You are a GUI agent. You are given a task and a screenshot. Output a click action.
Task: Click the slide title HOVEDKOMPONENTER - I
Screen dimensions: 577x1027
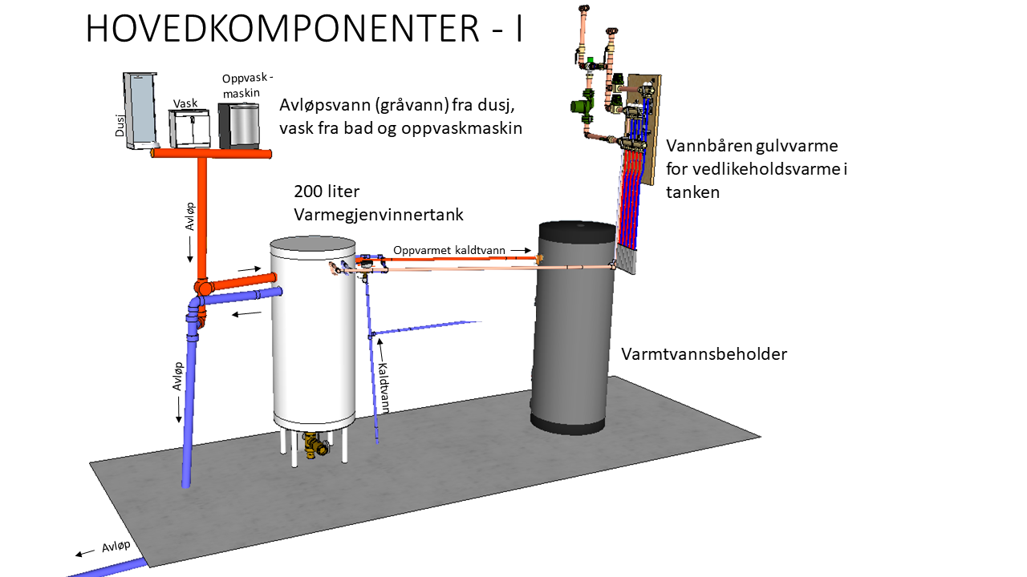304,30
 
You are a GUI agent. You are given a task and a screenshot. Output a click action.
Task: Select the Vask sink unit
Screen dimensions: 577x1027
189,127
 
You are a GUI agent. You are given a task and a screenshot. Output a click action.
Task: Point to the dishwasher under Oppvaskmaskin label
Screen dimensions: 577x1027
238,124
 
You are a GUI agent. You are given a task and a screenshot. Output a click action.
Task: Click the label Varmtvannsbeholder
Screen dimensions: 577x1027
704,353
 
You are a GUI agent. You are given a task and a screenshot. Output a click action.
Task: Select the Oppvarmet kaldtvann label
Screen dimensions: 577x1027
449,251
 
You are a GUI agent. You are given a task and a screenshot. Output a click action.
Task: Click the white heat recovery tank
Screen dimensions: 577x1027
313,337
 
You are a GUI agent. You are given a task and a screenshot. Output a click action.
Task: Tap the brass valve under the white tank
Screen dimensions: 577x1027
315,445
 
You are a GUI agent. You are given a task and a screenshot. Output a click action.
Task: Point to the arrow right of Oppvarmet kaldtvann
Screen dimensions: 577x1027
522,251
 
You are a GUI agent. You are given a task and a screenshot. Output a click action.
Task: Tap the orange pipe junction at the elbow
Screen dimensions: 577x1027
204,288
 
